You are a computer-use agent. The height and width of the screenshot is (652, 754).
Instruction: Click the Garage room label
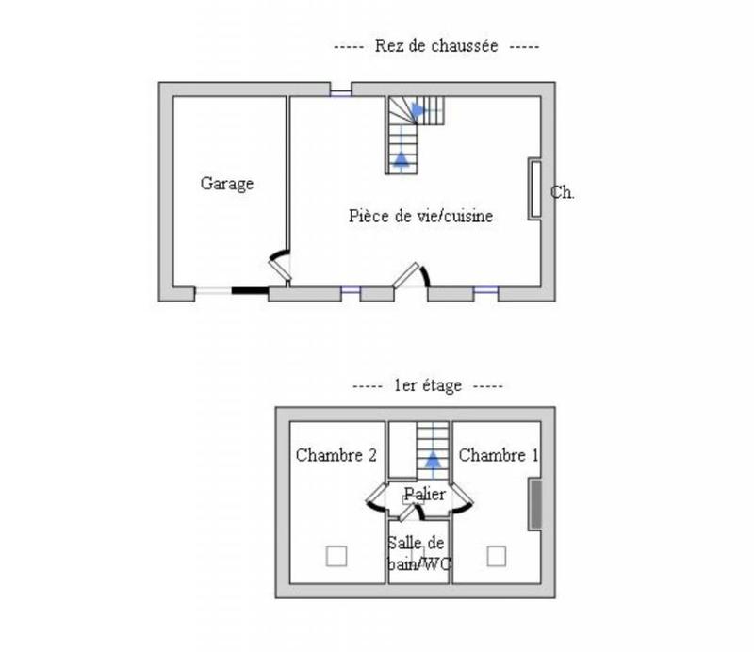(226, 184)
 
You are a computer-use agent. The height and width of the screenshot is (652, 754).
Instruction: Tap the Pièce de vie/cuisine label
(421, 216)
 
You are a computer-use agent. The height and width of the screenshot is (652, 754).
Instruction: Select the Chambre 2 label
(336, 455)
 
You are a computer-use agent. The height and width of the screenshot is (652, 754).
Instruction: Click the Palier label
(424, 495)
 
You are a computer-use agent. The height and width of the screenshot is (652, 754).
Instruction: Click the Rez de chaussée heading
(436, 45)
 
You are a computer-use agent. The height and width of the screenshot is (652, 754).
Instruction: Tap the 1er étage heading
(427, 385)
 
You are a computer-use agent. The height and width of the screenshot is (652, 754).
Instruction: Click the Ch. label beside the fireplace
(563, 192)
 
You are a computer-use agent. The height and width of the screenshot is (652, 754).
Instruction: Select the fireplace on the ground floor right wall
(534, 189)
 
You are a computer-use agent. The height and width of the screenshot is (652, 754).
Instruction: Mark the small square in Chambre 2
(336, 556)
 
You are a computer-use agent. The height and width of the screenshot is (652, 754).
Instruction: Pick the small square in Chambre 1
(497, 556)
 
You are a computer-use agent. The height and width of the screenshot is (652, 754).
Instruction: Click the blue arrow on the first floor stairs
(433, 460)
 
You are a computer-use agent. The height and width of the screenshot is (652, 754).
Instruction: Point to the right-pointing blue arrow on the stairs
(418, 110)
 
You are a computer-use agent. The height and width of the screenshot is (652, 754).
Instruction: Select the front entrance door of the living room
(412, 275)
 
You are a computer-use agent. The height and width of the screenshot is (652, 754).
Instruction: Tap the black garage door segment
(251, 292)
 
